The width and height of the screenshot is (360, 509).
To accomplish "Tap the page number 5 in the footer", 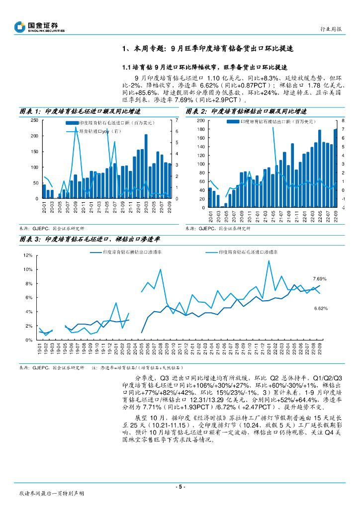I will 180,486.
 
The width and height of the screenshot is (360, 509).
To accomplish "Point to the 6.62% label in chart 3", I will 321,309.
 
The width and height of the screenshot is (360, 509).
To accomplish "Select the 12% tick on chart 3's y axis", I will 28,255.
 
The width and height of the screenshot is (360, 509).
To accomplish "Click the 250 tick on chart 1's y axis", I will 34,120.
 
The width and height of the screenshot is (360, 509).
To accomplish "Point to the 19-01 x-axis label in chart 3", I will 40,348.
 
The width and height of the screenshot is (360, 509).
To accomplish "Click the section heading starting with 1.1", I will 204,67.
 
